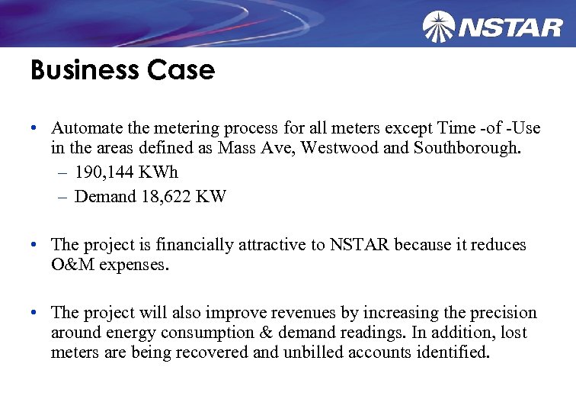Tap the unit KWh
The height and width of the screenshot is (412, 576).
tap(161, 172)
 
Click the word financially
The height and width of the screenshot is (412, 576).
tap(205, 245)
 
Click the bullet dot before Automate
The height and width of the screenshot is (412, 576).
tap(35, 128)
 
